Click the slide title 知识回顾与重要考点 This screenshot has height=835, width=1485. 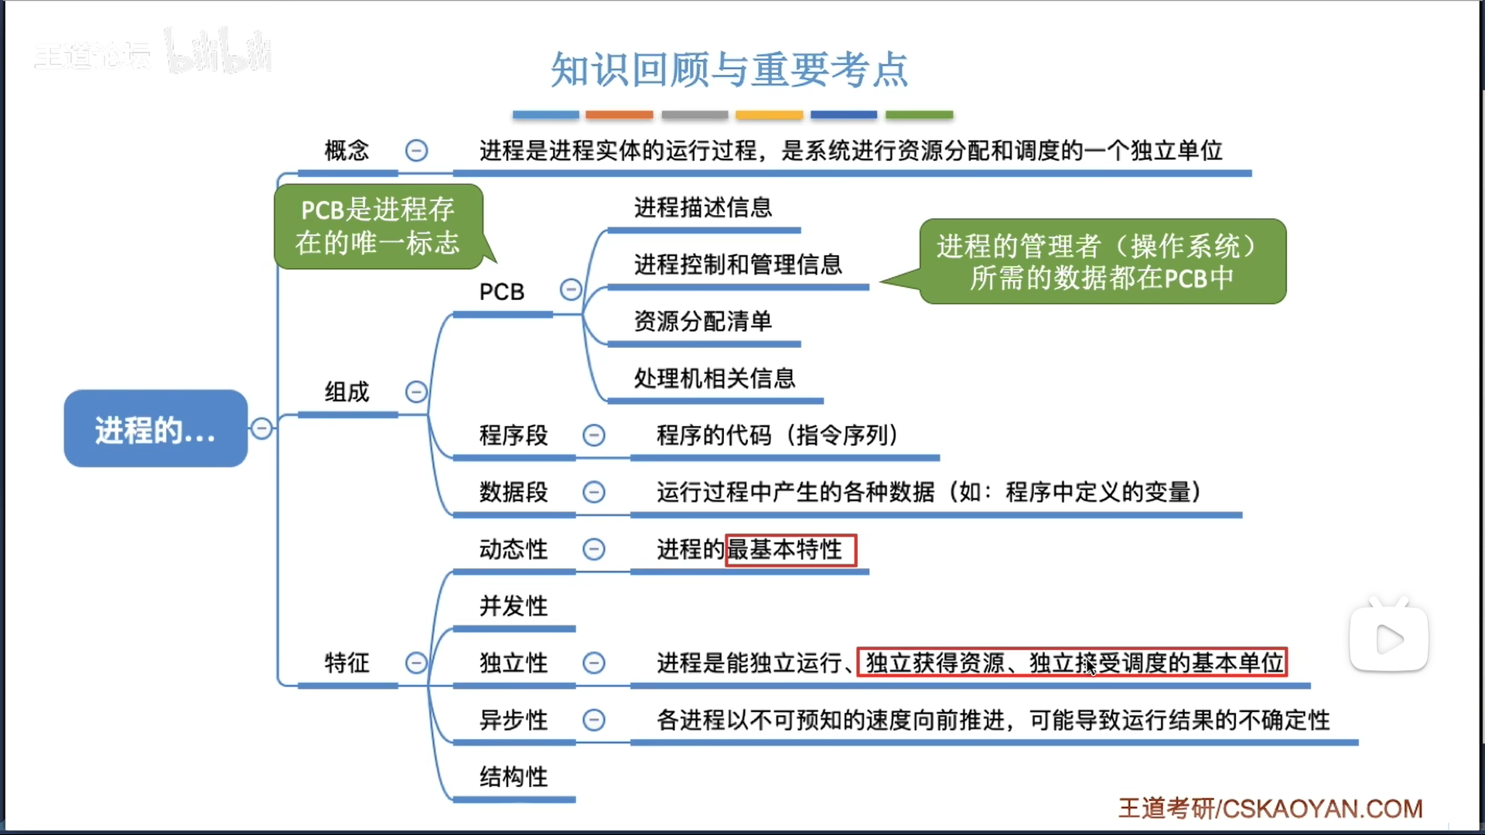(729, 70)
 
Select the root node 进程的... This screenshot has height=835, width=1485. (155, 429)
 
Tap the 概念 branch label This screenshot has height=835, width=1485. (346, 150)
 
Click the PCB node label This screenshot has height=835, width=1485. (501, 291)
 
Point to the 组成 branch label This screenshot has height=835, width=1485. (346, 392)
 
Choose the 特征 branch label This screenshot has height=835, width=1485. (346, 663)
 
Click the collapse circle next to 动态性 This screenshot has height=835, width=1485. (593, 549)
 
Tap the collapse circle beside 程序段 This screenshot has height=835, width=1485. (593, 435)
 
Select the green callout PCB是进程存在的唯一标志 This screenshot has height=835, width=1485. (378, 227)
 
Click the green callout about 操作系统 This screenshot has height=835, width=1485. (1102, 261)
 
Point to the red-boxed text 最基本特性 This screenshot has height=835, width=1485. (790, 550)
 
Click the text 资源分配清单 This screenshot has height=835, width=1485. (702, 321)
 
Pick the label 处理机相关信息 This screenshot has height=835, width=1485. (714, 378)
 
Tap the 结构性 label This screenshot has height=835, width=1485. (513, 776)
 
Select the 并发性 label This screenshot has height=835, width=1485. (513, 605)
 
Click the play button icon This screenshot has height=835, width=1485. (1388, 639)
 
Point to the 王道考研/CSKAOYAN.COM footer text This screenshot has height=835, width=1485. (1270, 809)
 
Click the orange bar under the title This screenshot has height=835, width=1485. (619, 114)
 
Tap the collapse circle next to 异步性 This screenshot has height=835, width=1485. (593, 720)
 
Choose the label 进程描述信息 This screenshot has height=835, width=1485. (702, 207)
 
